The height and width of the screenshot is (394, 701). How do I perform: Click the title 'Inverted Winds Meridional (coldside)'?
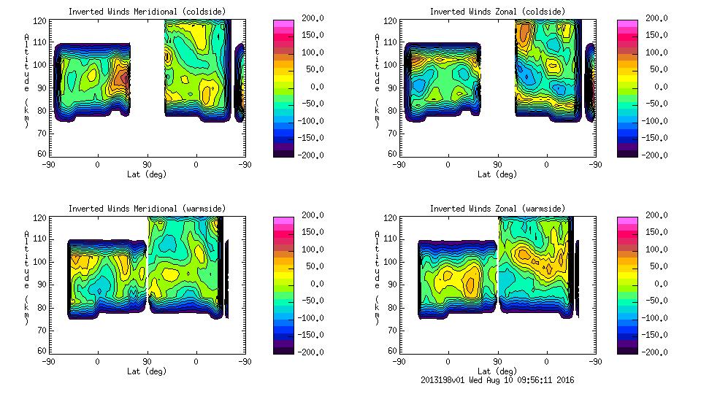click(147, 12)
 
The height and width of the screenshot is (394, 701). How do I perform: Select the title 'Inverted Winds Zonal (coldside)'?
click(497, 12)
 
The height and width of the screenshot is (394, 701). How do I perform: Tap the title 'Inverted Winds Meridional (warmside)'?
click(147, 209)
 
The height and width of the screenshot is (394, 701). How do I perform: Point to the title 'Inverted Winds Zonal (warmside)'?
click(497, 209)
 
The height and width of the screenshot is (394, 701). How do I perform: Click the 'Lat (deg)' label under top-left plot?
click(147, 174)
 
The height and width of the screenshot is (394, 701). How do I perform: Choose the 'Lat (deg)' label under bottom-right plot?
click(497, 371)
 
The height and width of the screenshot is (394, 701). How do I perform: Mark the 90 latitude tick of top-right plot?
click(497, 165)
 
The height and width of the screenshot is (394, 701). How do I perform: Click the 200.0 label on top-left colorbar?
click(296, 18)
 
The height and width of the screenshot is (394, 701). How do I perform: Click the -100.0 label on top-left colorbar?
click(295, 120)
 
